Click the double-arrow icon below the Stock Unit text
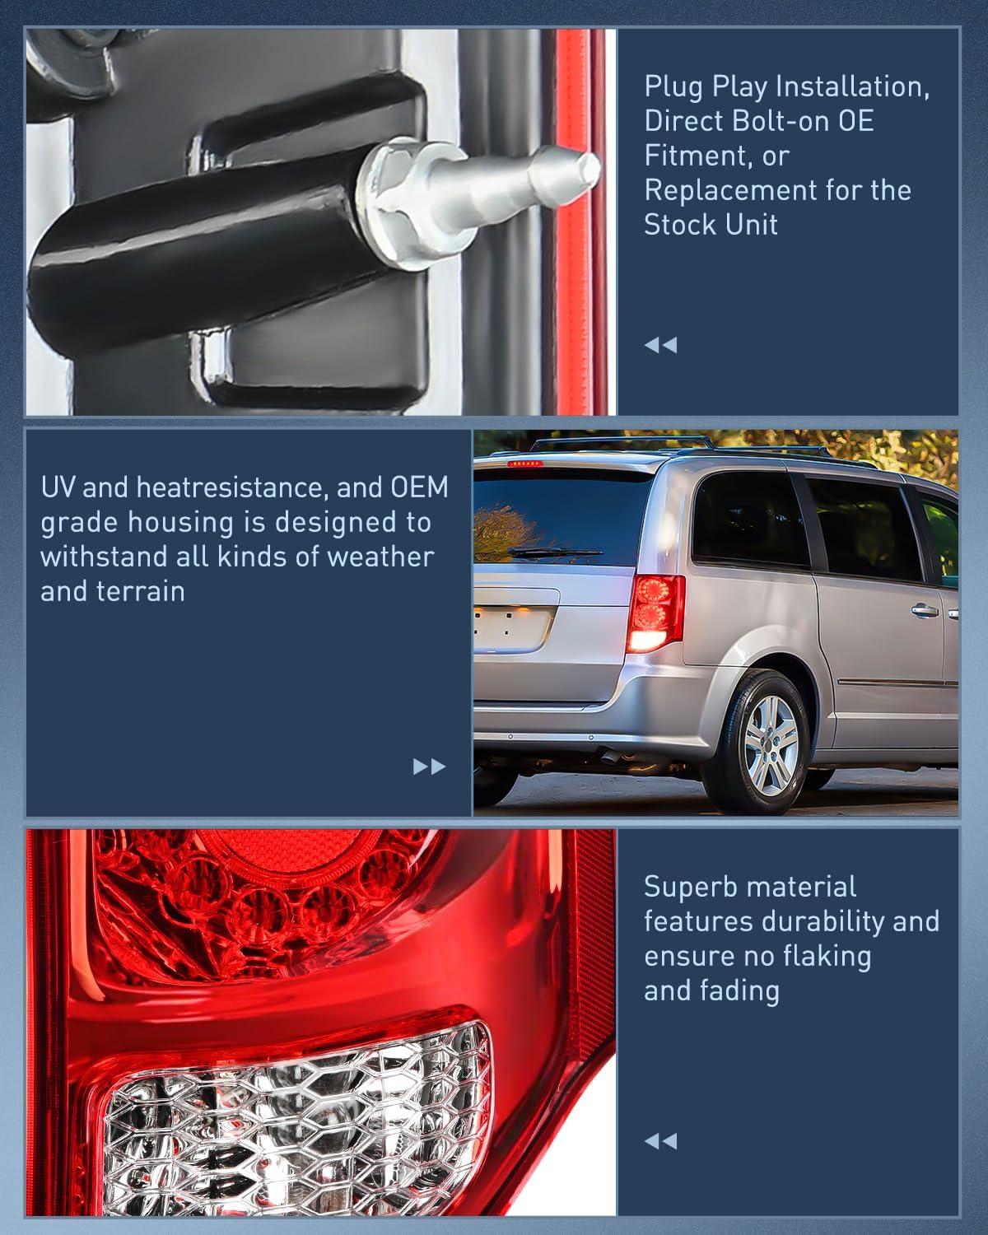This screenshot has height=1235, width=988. [x=660, y=345]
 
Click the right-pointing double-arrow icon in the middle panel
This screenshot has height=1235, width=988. [x=429, y=767]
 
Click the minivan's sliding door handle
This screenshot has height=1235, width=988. [x=925, y=612]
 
